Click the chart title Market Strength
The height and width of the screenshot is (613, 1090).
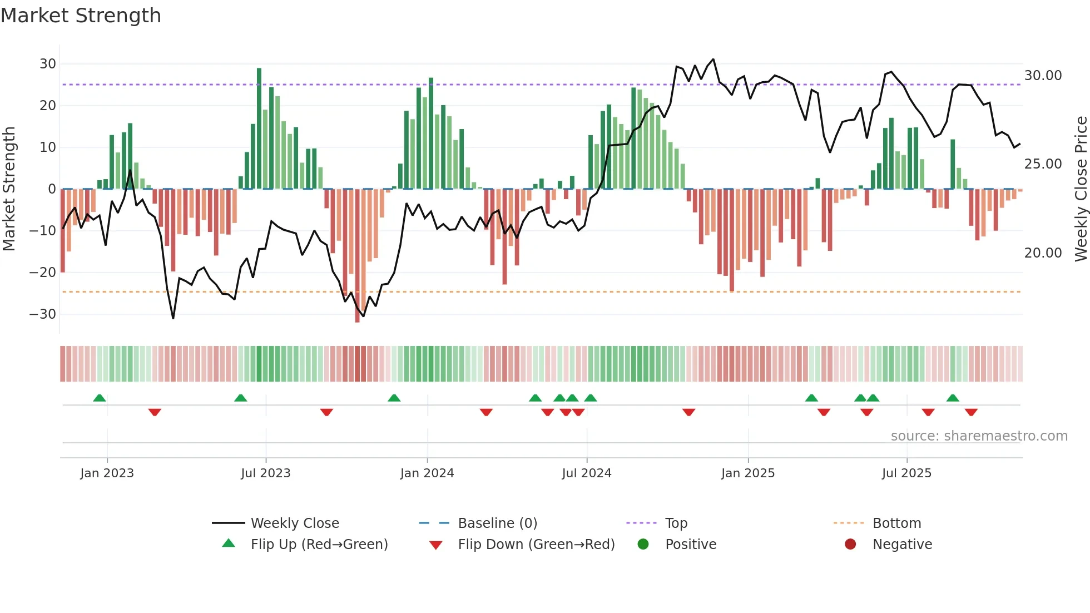[x=81, y=16]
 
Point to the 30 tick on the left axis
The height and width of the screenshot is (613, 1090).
[x=48, y=64]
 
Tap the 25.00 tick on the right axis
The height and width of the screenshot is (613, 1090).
[x=1043, y=164]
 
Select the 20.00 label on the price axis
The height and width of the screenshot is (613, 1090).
[x=1043, y=253]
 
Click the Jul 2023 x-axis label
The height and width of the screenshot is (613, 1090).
[x=265, y=473]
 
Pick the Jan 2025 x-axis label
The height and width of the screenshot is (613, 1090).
[x=747, y=473]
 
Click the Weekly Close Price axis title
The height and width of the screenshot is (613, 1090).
[x=1081, y=189]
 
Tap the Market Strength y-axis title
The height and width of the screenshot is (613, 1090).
[x=9, y=189]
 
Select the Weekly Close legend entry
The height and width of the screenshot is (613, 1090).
[x=294, y=523]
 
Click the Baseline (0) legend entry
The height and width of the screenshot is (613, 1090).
[x=497, y=523]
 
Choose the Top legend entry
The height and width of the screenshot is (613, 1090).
[x=676, y=523]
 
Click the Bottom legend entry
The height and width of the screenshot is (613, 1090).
[x=896, y=523]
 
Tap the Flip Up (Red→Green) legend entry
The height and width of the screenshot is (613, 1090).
[x=319, y=545]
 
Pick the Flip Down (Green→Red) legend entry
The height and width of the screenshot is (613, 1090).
[x=536, y=545]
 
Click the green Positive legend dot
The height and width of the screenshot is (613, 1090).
[x=643, y=545]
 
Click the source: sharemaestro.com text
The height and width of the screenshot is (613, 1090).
[x=979, y=436]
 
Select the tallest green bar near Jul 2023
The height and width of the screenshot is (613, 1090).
[x=259, y=128]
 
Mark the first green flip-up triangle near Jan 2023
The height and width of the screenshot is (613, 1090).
[x=100, y=398]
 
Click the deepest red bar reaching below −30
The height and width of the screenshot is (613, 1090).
[x=357, y=256]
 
